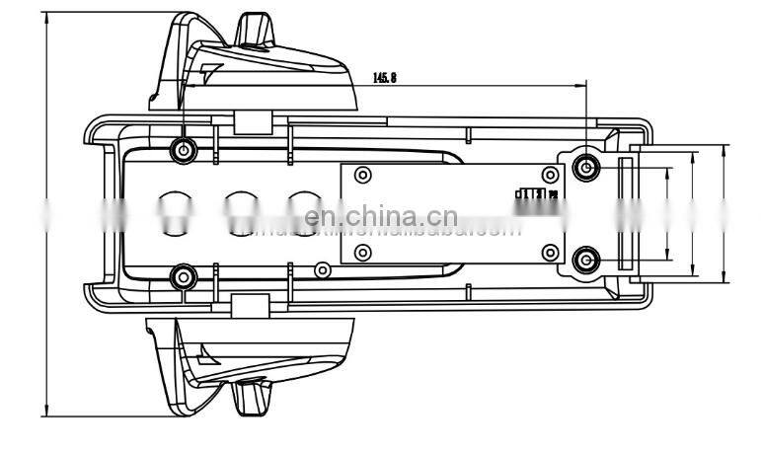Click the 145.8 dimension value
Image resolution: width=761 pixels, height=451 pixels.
(x=383, y=78)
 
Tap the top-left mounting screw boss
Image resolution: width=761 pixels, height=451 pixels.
(x=183, y=149)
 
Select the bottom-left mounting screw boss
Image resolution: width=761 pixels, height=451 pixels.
(x=183, y=275)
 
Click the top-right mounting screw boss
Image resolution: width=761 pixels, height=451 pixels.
(x=587, y=167)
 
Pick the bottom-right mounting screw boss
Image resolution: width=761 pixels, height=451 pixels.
(x=587, y=260)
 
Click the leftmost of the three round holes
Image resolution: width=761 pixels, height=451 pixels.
(x=176, y=211)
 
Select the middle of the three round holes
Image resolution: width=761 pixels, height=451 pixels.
(x=240, y=211)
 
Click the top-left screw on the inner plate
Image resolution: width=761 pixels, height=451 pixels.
(x=362, y=176)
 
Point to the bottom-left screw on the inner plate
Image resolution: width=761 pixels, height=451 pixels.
(x=362, y=253)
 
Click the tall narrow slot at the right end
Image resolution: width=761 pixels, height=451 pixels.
(x=624, y=213)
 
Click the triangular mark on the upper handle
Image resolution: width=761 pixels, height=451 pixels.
(x=211, y=70)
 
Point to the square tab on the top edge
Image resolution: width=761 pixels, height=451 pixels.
(x=255, y=122)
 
